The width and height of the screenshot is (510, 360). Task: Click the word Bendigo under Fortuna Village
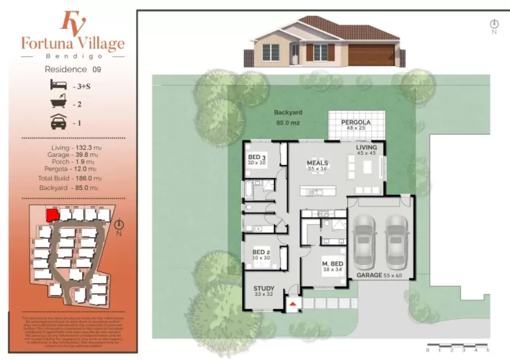[x=71, y=55]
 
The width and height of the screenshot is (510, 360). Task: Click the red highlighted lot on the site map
[x=52, y=214]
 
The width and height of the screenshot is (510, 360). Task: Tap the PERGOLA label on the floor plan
[x=356, y=123]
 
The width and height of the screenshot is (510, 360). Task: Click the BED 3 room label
[x=257, y=157]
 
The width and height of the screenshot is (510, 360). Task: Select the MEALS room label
[x=317, y=163]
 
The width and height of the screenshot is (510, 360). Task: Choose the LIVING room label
[x=366, y=148]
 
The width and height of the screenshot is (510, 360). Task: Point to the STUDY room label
[x=264, y=289]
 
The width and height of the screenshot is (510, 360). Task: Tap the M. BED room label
[x=331, y=264]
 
